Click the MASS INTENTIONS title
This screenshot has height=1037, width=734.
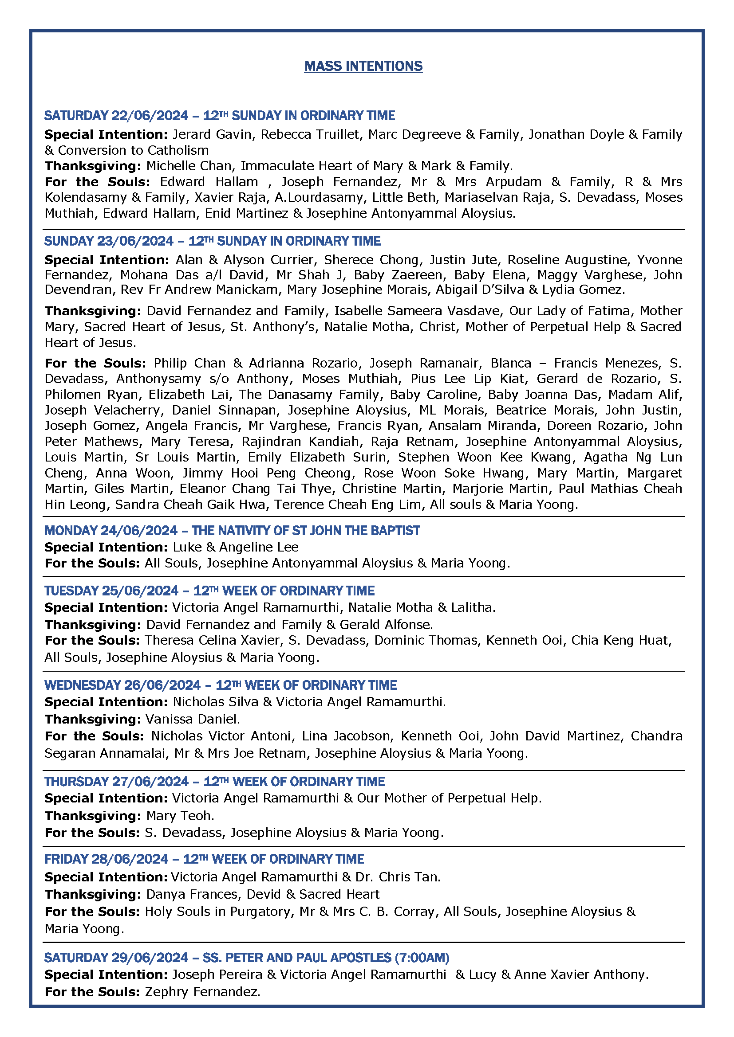pos(363,66)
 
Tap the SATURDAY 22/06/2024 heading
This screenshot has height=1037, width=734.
pos(219,116)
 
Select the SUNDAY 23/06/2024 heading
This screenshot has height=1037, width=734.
pos(212,241)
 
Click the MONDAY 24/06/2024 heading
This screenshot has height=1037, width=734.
pos(232,530)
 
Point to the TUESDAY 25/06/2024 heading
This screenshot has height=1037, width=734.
pos(209,591)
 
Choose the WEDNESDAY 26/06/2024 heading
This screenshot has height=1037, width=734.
pos(220,685)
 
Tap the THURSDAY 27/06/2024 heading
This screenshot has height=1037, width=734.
pos(214,781)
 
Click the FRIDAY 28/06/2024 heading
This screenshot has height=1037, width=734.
pos(204,859)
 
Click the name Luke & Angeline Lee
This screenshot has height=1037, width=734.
pos(236,547)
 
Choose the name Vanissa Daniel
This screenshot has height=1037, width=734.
pos(192,719)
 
